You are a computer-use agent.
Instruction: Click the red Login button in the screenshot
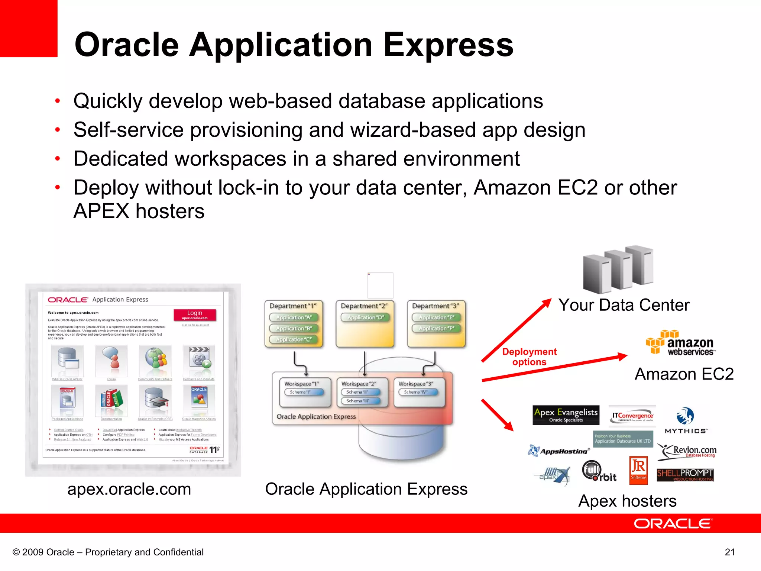(x=195, y=314)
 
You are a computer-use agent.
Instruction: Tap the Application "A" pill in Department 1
(x=294, y=317)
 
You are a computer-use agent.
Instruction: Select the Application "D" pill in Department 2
(x=365, y=317)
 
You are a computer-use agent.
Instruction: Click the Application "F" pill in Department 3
(x=436, y=329)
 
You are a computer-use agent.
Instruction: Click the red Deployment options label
(x=529, y=357)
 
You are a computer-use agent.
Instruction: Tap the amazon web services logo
(x=681, y=343)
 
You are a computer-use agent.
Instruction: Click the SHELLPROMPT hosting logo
(x=685, y=475)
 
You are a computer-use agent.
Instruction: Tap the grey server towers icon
(x=618, y=268)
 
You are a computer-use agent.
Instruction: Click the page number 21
(x=729, y=552)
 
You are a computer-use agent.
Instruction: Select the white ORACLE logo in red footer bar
(x=673, y=523)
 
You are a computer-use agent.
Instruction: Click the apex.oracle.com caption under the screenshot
(x=129, y=489)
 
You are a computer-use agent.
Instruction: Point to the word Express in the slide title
(x=448, y=45)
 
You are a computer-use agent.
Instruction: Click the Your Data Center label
(x=624, y=305)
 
